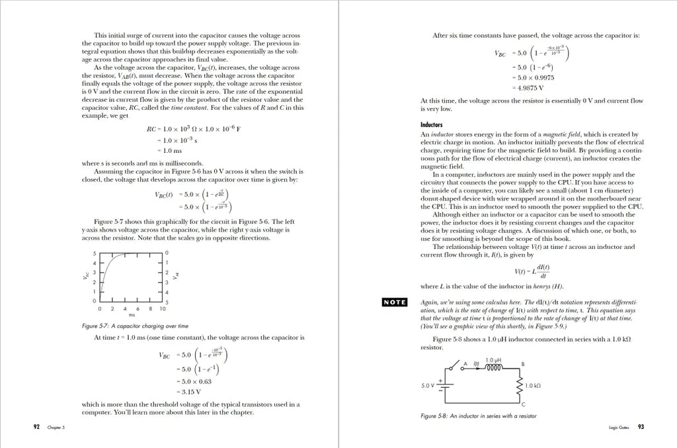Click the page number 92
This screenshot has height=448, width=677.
[36, 427]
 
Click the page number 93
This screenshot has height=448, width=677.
[641, 427]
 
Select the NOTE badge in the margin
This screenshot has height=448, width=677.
[395, 302]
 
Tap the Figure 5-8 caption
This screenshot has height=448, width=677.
[478, 416]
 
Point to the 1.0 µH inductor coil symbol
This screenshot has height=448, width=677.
[494, 369]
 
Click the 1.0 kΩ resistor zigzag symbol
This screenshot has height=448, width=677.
[518, 385]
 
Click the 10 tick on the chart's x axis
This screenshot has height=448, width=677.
[163, 309]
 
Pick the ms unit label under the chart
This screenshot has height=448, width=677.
[131, 316]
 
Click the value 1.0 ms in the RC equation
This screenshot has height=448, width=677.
[174, 151]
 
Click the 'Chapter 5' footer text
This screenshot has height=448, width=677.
[56, 427]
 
